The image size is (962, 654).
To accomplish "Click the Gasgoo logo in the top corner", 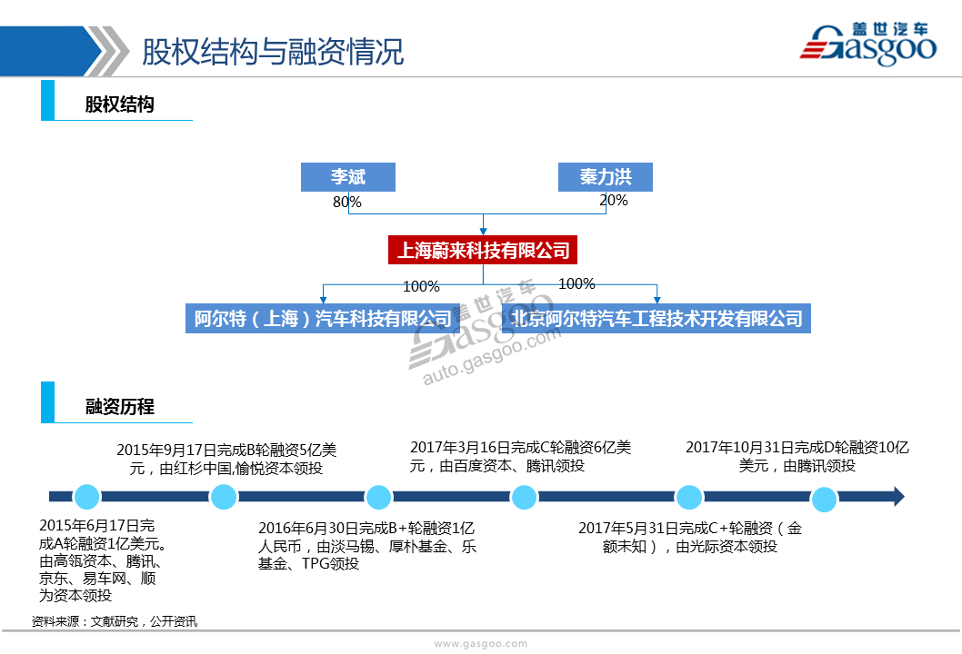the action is [867, 44].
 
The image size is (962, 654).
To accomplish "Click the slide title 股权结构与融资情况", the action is [273, 52].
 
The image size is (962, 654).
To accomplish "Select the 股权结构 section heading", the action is [120, 104].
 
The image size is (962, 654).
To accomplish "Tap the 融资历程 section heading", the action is [120, 406].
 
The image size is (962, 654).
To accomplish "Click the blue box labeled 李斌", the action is [348, 177].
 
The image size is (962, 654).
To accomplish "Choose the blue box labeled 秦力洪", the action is [605, 177].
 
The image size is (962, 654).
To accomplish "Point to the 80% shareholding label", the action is [347, 202].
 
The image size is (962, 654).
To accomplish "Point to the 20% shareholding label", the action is [614, 200].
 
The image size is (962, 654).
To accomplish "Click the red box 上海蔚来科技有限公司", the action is [483, 250].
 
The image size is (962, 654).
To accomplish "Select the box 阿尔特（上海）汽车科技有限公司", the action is [323, 319].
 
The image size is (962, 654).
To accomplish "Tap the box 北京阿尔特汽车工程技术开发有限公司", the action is [656, 319].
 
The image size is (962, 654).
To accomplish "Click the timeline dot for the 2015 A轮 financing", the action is [86, 497].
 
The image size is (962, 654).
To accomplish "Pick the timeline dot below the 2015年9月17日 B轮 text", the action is [224, 497].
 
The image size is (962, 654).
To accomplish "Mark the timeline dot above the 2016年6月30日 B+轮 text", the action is [378, 497].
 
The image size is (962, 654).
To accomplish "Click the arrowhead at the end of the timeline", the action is [899, 497].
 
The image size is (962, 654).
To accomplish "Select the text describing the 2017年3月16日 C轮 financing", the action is [520, 457].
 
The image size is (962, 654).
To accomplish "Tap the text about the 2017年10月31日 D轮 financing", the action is [797, 457].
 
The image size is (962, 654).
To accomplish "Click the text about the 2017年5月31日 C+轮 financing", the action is [689, 537].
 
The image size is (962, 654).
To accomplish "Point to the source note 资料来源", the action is [115, 621].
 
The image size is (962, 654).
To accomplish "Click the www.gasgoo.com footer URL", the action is [480, 644].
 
